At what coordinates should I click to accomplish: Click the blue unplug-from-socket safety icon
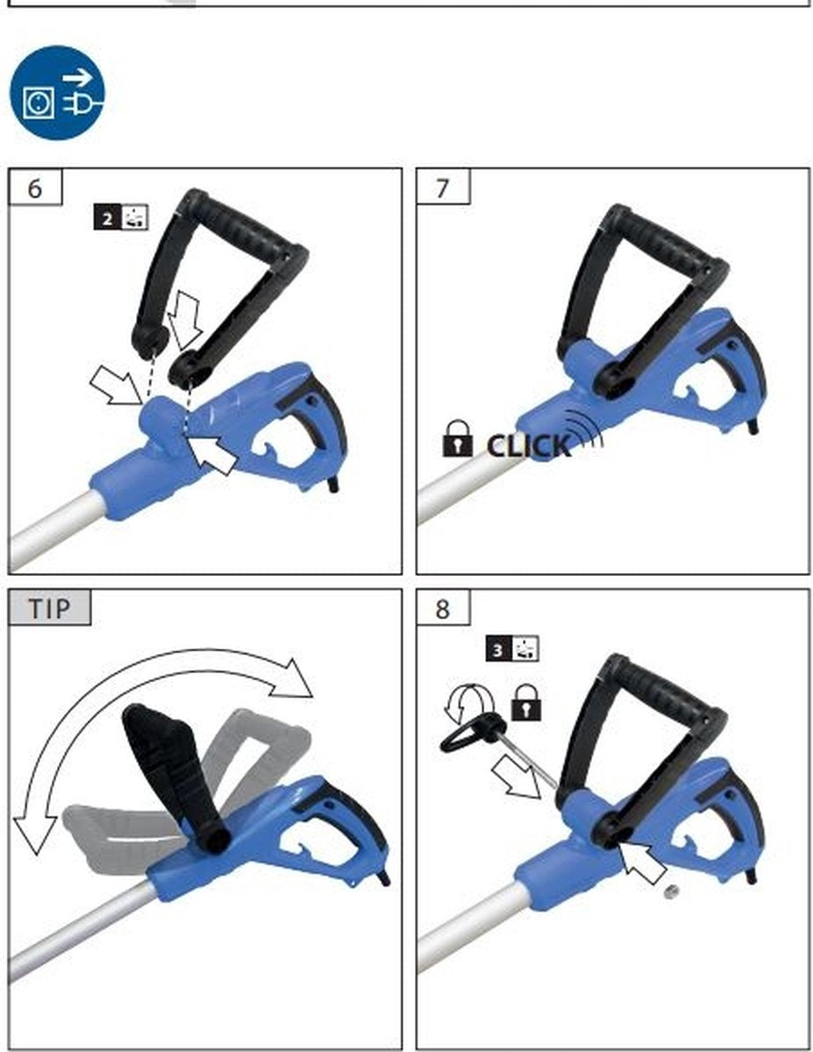[x=57, y=93]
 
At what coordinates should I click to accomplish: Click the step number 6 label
[x=35, y=188]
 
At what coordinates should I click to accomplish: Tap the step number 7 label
[x=443, y=188]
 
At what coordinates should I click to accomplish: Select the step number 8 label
[x=443, y=608]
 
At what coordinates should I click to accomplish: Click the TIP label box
[x=49, y=608]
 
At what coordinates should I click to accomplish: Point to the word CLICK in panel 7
[x=529, y=445]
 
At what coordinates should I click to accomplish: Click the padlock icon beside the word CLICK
[x=457, y=438]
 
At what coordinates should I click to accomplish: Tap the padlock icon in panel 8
[x=526, y=702]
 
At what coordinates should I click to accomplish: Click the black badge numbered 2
[x=107, y=218]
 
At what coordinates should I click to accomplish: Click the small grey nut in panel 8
[x=671, y=892]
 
